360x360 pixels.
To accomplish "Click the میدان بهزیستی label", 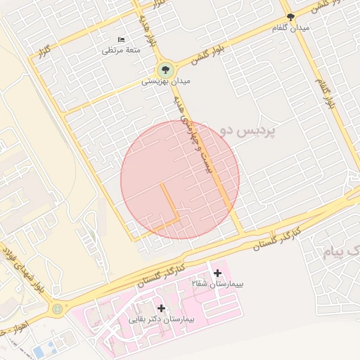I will coord(166,82).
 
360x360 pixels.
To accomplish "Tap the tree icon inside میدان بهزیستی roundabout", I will coord(166,69).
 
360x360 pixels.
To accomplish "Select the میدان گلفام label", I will coord(291,27).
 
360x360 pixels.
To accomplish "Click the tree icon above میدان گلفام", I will coord(290,17).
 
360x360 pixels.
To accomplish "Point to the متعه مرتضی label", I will coord(122,50).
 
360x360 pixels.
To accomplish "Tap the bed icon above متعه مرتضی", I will coord(122,39).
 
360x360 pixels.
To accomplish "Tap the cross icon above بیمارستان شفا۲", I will coord(217,273).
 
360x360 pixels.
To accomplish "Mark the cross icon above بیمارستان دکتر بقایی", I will coord(162,308).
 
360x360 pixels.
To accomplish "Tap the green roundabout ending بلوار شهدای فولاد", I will coord(57,308).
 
